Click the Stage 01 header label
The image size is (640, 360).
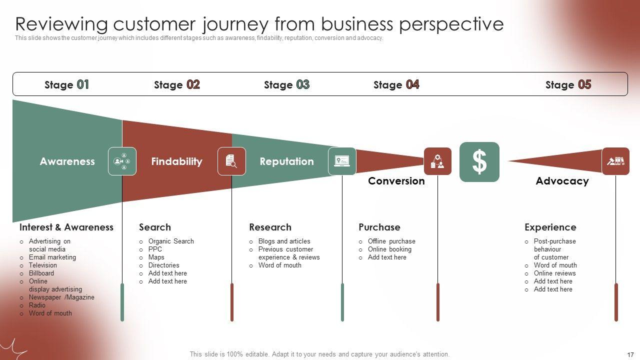pos(66,84)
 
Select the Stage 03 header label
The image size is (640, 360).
pos(286,84)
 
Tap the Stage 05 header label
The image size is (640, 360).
pos(568,84)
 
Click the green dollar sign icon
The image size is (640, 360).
pos(479,161)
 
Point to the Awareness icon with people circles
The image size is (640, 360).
pos(122,161)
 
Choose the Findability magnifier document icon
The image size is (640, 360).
pos(231,161)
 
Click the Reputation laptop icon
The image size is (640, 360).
pos(342,161)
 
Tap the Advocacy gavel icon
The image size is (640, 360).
pos(615,161)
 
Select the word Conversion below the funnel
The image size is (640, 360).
pos(396,181)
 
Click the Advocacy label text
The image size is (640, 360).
pos(562,181)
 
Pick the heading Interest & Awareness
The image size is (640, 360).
pos(66,227)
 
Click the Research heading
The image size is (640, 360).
pos(270,227)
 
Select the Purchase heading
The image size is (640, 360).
pos(379,227)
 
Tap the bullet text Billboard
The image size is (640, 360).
pos(41,273)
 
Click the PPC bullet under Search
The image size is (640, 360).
pos(155,249)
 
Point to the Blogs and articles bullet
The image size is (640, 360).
pos(284,241)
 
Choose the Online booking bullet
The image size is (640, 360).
pos(389,249)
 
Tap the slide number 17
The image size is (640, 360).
pos(630,354)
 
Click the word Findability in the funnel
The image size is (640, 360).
pos(176,161)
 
